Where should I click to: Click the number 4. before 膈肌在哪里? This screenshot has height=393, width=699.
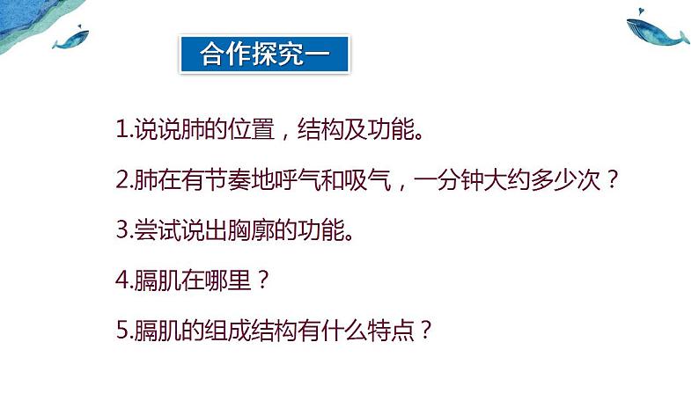tap(122, 281)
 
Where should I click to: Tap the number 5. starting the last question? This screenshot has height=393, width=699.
tap(122, 331)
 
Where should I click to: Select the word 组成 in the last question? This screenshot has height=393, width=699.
tap(211, 331)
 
